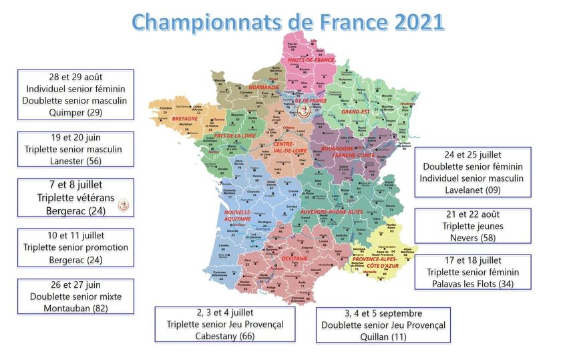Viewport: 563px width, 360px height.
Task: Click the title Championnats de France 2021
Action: (287, 21)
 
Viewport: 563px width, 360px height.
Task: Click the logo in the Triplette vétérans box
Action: (122, 207)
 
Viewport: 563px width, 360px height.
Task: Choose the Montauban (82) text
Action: (75, 308)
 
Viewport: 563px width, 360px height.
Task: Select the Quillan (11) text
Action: (383, 337)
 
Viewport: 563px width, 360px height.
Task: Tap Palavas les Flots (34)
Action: (472, 283)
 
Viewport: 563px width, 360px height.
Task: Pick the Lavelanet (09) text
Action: (472, 190)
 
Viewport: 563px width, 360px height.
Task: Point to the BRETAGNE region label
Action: (184, 118)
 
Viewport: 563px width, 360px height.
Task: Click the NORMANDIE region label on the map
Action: (264, 87)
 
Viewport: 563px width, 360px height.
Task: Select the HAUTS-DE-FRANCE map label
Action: (311, 59)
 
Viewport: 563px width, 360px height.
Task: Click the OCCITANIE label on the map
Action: (294, 257)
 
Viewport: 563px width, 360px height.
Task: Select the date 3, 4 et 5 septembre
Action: (383, 313)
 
